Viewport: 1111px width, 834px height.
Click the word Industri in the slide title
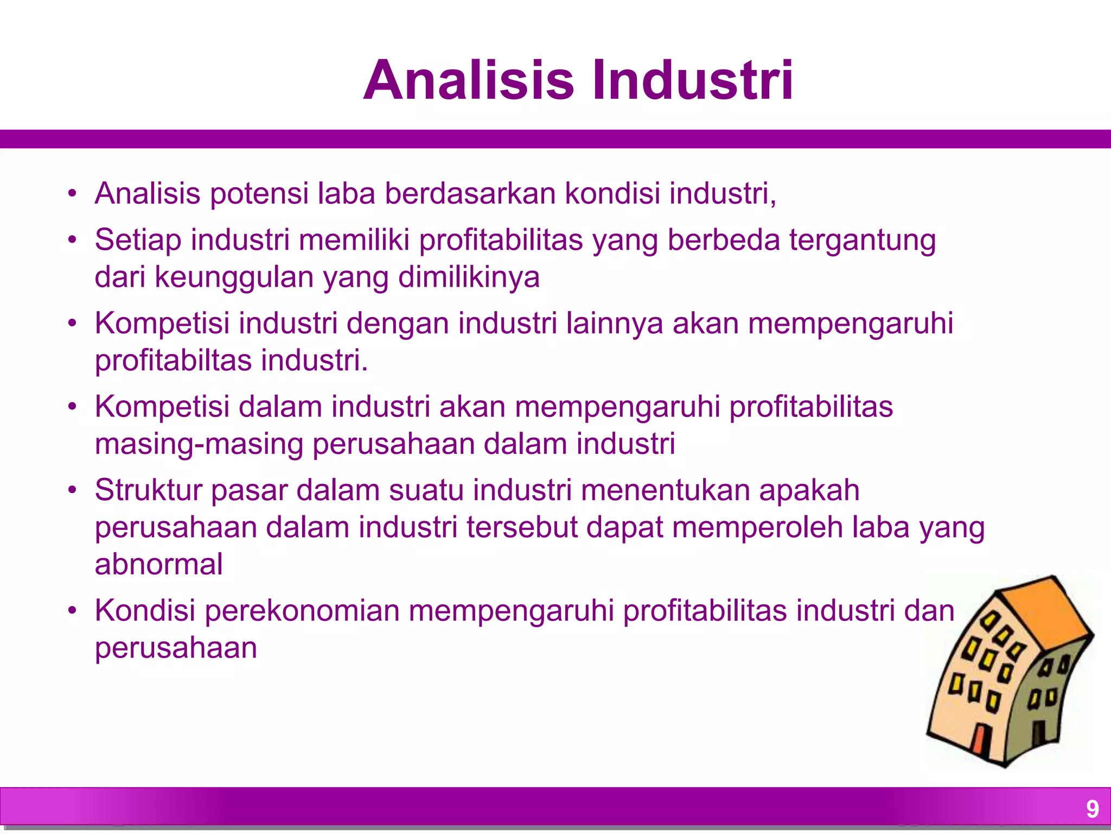[693, 80]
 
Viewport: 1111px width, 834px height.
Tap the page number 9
[1092, 809]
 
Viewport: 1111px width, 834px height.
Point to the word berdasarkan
[470, 193]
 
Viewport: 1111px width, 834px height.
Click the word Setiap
[138, 240]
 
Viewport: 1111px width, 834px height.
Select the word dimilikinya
[469, 277]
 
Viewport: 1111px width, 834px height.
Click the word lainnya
[615, 323]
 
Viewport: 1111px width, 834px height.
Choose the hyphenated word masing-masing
[199, 444]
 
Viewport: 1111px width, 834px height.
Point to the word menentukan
[665, 490]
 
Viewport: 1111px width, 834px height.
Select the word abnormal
[158, 564]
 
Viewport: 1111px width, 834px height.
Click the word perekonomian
[302, 610]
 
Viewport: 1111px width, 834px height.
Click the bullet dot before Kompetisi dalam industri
[72, 407]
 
